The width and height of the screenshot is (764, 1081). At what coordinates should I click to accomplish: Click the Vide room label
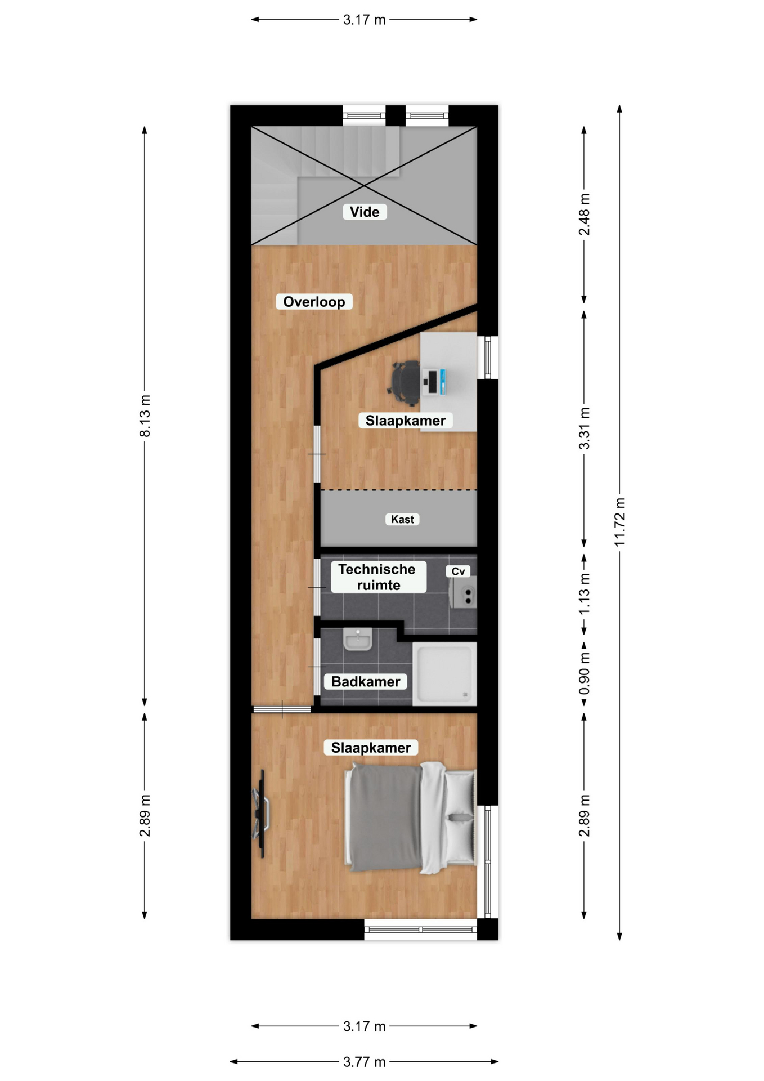tap(365, 212)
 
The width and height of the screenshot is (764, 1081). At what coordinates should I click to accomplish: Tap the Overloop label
tap(314, 302)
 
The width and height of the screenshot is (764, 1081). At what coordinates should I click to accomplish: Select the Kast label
tap(402, 519)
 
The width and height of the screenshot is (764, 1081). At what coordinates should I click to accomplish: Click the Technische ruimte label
tap(378, 577)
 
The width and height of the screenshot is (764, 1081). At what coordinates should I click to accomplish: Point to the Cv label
tap(458, 571)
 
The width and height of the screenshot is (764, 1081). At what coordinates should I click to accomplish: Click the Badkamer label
tap(366, 682)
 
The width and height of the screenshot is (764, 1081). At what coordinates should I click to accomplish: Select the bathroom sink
tap(357, 640)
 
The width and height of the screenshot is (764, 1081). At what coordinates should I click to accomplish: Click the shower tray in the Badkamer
tap(444, 673)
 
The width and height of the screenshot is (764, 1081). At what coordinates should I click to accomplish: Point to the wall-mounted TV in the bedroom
tap(261, 814)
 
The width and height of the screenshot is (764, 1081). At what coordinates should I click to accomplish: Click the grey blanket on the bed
tap(386, 816)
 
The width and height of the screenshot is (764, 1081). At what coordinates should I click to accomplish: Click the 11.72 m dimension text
tap(619, 522)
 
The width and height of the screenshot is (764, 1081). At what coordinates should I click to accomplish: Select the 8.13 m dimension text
tap(145, 416)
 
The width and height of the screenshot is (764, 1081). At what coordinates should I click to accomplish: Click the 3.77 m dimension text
tap(365, 1062)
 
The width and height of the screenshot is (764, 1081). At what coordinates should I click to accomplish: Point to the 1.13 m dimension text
tap(585, 594)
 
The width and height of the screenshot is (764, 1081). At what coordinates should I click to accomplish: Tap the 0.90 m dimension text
tap(585, 673)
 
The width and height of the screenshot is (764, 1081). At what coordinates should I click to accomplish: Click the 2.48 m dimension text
tap(585, 215)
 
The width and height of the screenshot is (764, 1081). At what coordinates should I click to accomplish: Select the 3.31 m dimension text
tap(585, 428)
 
